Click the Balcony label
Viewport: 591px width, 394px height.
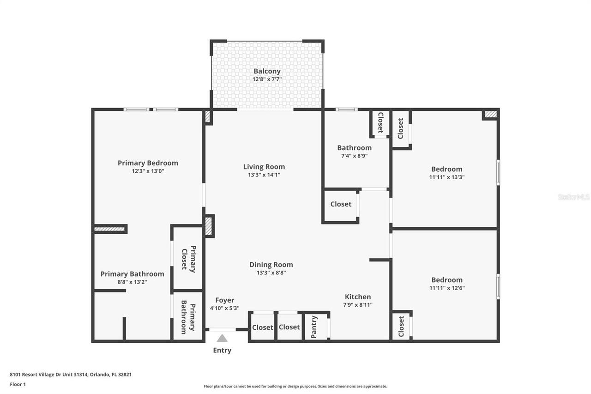tap(267, 72)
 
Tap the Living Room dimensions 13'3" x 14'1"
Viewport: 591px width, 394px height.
tap(264, 175)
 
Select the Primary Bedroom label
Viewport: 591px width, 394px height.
tap(148, 163)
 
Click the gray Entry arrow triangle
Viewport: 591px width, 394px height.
tap(222, 338)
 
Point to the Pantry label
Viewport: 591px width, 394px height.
tap(314, 327)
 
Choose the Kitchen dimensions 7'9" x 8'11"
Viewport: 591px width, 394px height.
tap(358, 305)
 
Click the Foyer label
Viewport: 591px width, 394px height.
tap(225, 300)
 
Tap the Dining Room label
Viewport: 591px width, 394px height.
tap(271, 265)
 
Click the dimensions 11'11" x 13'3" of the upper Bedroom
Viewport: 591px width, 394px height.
tap(446, 177)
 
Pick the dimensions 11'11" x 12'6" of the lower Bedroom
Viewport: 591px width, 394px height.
tap(446, 288)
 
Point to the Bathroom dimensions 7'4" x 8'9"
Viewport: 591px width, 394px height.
tap(354, 156)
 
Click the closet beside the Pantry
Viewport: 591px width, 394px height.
tap(289, 327)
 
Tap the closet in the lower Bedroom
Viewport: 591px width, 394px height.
tap(401, 327)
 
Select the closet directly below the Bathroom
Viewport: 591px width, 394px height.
tap(341, 204)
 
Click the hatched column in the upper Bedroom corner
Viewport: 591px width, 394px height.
tap(490, 114)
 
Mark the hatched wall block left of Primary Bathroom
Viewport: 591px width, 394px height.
tap(109, 228)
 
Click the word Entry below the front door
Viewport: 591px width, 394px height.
tap(222, 351)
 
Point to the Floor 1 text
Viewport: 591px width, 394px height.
tap(18, 384)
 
